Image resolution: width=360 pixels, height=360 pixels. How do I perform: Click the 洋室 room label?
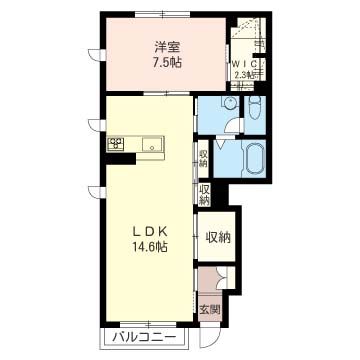167,47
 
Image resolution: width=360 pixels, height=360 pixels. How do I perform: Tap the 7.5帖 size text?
167,62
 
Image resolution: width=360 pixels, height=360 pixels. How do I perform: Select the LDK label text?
150,231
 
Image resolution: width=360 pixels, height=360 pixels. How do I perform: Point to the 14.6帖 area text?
150,246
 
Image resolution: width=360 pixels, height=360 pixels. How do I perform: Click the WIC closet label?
244,64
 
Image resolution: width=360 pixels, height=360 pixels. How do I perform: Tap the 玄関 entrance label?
210,310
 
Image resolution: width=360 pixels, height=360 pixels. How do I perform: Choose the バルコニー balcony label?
144,338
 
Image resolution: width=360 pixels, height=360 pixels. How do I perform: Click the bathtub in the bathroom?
255,158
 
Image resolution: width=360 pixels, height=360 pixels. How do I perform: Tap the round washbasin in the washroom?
230,102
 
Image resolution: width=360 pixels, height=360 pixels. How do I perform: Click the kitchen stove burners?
115,144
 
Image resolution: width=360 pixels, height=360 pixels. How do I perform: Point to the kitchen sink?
152,144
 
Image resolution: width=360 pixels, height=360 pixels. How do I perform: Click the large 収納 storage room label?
218,238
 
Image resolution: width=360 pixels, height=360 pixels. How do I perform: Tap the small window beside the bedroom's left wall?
97,55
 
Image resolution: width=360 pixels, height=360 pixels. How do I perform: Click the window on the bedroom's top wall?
163,14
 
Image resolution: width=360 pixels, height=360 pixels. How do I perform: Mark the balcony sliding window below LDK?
148,324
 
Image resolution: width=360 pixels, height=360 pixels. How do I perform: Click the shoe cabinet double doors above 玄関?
223,278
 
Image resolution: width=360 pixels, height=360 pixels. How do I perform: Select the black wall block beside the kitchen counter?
121,159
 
